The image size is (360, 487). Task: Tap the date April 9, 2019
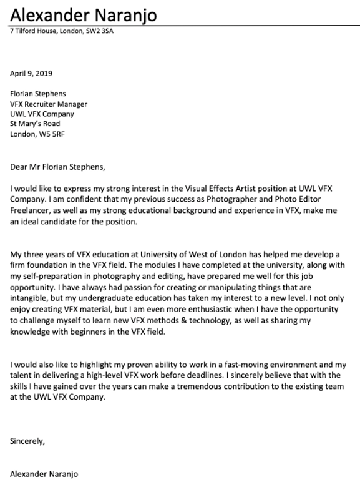click(31, 73)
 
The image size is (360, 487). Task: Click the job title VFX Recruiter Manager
click(49, 104)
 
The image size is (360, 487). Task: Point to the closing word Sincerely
click(27, 441)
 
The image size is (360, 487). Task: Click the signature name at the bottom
click(44, 474)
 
